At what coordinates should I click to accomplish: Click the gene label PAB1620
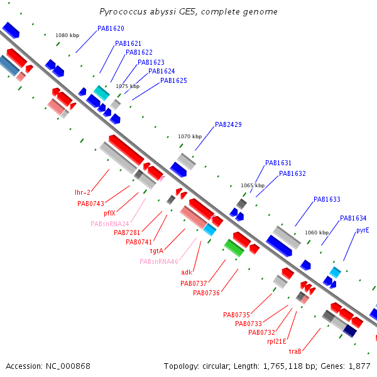[111, 28]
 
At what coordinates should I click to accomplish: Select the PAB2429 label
[228, 124]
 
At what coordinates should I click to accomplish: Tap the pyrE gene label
[363, 231]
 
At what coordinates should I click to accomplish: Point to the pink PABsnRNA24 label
[110, 224]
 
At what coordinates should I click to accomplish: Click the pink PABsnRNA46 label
[159, 261]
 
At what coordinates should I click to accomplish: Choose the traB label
[295, 351]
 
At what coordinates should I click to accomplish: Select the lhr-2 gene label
[82, 192]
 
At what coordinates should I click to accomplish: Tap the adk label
[187, 272]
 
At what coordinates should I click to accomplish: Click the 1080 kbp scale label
[67, 35]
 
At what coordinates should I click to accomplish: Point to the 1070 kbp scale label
[190, 136]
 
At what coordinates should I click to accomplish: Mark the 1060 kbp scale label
[317, 232]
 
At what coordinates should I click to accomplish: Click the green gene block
[234, 248]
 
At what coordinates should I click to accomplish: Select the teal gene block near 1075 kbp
[101, 93]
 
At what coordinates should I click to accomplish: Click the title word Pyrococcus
[123, 12]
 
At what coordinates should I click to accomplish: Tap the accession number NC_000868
[68, 366]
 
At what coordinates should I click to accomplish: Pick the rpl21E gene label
[276, 341]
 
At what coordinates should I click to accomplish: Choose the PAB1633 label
[327, 199]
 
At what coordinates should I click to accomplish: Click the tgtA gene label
[156, 251]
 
